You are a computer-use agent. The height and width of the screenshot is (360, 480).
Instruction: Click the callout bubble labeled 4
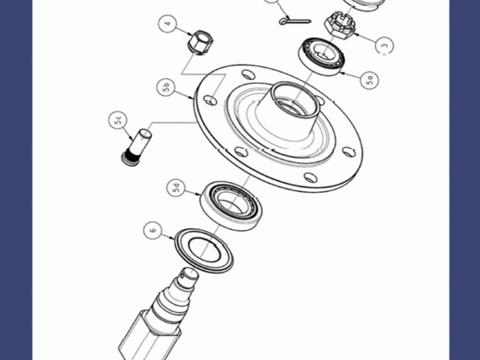pyautogui.click(x=168, y=23)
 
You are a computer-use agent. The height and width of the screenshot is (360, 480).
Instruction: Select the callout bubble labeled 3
pyautogui.click(x=385, y=45)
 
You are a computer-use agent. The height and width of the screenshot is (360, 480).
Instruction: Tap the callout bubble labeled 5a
pyautogui.click(x=370, y=80)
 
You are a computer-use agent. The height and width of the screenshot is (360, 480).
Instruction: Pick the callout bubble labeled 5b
pyautogui.click(x=166, y=87)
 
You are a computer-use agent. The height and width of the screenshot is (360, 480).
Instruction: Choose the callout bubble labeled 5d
pyautogui.click(x=176, y=188)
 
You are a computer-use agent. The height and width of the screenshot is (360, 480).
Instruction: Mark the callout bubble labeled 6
pyautogui.click(x=153, y=230)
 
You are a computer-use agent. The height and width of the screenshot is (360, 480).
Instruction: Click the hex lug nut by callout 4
pyautogui.click(x=200, y=42)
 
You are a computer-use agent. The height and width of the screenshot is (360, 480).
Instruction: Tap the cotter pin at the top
pyautogui.click(x=295, y=21)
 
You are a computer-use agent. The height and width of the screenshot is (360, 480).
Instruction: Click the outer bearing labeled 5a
pyautogui.click(x=322, y=56)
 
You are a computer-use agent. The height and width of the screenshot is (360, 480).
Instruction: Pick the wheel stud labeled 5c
pyautogui.click(x=136, y=147)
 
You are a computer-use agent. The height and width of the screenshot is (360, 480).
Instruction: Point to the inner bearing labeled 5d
pyautogui.click(x=232, y=206)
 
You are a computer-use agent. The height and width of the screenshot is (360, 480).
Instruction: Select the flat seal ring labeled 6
pyautogui.click(x=203, y=251)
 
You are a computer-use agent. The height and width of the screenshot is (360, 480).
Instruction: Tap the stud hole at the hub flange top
pyautogui.click(x=248, y=74)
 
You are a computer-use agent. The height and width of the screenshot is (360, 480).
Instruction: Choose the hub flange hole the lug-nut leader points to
pyautogui.click(x=211, y=100)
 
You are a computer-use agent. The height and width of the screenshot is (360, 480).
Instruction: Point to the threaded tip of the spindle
pyautogui.click(x=189, y=275)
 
